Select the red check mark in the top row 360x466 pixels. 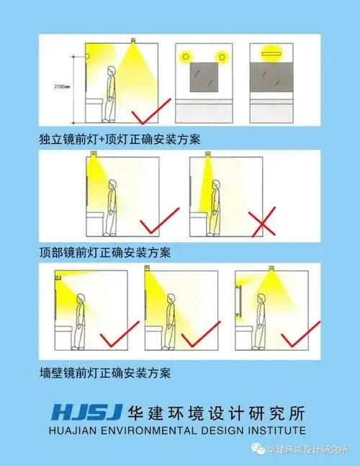coord(152,112)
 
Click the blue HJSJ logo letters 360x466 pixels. coord(86,413)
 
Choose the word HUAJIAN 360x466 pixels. coord(75,430)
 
